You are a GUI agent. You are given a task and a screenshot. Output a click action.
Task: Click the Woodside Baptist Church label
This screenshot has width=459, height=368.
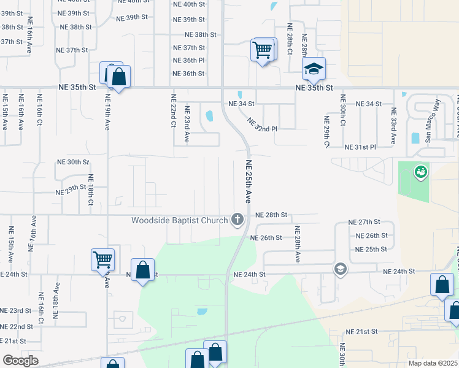pyautogui.click(x=179, y=220)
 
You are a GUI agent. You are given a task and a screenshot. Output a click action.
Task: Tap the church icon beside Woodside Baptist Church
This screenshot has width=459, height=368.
pyautogui.click(x=237, y=219)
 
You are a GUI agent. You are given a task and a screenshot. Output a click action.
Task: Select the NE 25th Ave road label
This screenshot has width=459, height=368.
pyautogui.click(x=249, y=182)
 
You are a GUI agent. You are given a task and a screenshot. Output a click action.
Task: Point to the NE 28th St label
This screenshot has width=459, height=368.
pyautogui.click(x=272, y=215)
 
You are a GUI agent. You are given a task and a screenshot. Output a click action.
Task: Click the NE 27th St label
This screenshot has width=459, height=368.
pyautogui.click(x=364, y=221)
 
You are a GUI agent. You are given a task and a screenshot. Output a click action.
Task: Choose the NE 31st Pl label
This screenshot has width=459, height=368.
pyautogui.click(x=377, y=147)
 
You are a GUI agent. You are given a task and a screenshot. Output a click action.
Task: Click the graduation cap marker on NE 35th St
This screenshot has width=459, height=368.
pyautogui.click(x=314, y=69)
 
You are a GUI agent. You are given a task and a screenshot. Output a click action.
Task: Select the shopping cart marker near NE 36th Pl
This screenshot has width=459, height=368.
pyautogui.click(x=263, y=50)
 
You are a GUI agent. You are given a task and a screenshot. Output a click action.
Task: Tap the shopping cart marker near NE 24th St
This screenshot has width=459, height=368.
pyautogui.click(x=102, y=259)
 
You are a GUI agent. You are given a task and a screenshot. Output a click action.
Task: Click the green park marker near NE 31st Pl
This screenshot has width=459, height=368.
pyautogui.click(x=421, y=172)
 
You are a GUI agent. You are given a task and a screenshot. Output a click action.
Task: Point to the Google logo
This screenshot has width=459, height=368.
pyautogui.click(x=20, y=361)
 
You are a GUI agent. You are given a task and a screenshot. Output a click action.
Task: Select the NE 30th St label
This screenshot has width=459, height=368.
pyautogui.click(x=73, y=162)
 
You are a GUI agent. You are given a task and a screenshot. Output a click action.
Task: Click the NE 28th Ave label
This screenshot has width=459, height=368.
pyautogui.click(x=297, y=244)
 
